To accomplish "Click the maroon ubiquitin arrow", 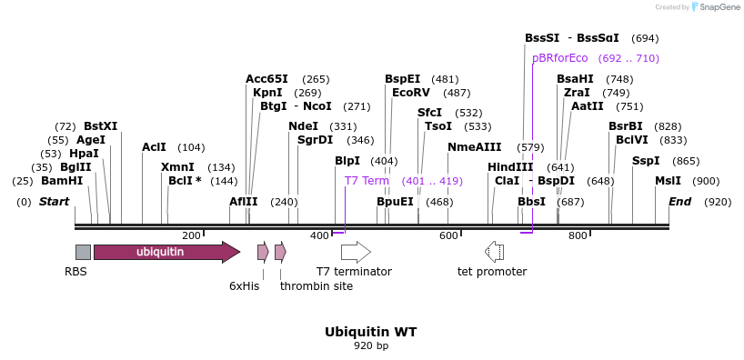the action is coord(167,252).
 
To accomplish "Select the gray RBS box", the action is coord(83,252).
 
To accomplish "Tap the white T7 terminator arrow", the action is coord(356,252).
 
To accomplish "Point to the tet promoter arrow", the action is coord(495,252).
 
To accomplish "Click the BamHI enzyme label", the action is coord(62,181).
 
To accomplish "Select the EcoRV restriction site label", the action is coord(411,93).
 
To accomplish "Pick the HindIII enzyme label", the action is coord(510,167).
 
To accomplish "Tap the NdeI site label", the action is coord(303,126).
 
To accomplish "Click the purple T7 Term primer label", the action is coord(367,181).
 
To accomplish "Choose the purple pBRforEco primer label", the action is coord(560,58).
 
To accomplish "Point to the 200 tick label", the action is coord(191,235).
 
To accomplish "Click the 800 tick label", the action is coord(578,235).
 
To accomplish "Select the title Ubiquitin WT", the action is coord(371,332).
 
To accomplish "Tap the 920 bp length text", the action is coord(371,345).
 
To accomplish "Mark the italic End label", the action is coord(680,202).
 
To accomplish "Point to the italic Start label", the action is coord(54,202).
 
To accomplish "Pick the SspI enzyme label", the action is coord(646,161).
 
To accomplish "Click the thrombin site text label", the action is coord(317,286).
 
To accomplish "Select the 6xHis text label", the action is coord(245,286).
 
